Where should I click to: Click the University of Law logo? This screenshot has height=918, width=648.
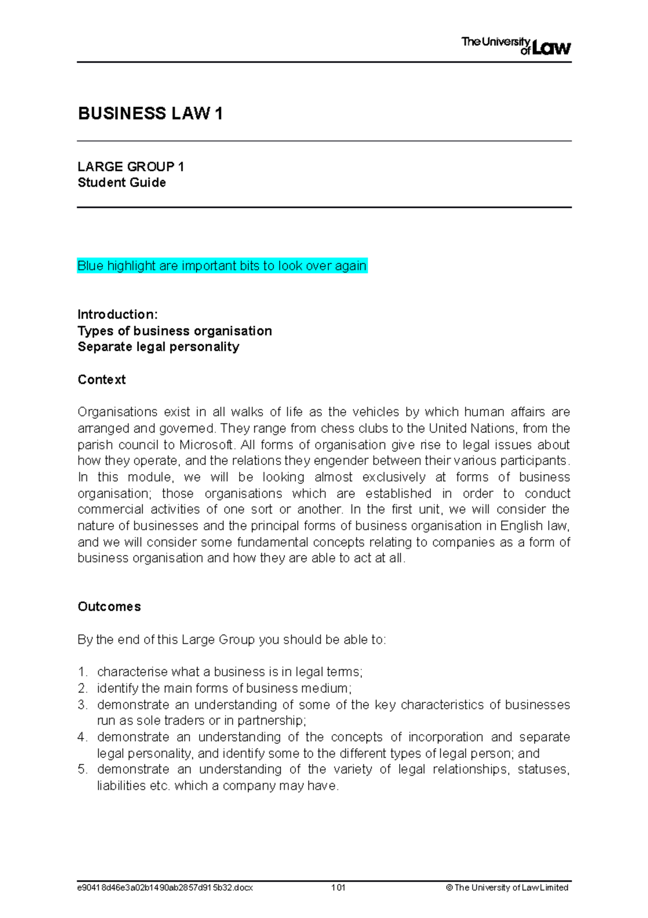(x=516, y=46)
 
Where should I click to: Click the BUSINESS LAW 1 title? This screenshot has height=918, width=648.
(x=150, y=114)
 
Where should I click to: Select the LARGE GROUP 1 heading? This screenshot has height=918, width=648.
(x=131, y=167)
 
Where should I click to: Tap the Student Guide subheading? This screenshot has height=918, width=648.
(x=122, y=183)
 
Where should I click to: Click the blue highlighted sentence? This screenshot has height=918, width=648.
(x=222, y=266)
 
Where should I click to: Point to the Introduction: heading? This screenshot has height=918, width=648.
(x=118, y=315)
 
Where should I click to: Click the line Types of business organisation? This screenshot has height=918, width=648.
(x=174, y=331)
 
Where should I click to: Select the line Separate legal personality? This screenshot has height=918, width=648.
(x=158, y=347)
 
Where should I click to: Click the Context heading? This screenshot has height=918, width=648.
(x=102, y=380)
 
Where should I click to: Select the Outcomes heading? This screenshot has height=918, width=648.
(x=109, y=607)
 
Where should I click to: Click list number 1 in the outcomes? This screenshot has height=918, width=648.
(x=82, y=672)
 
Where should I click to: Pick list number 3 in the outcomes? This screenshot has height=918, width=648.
(x=82, y=705)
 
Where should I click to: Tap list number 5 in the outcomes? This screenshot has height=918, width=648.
(x=82, y=769)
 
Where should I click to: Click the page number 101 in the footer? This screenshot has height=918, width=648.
(x=339, y=888)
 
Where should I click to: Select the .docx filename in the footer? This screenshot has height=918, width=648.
(x=165, y=888)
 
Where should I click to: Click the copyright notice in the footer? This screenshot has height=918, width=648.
(x=507, y=888)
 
